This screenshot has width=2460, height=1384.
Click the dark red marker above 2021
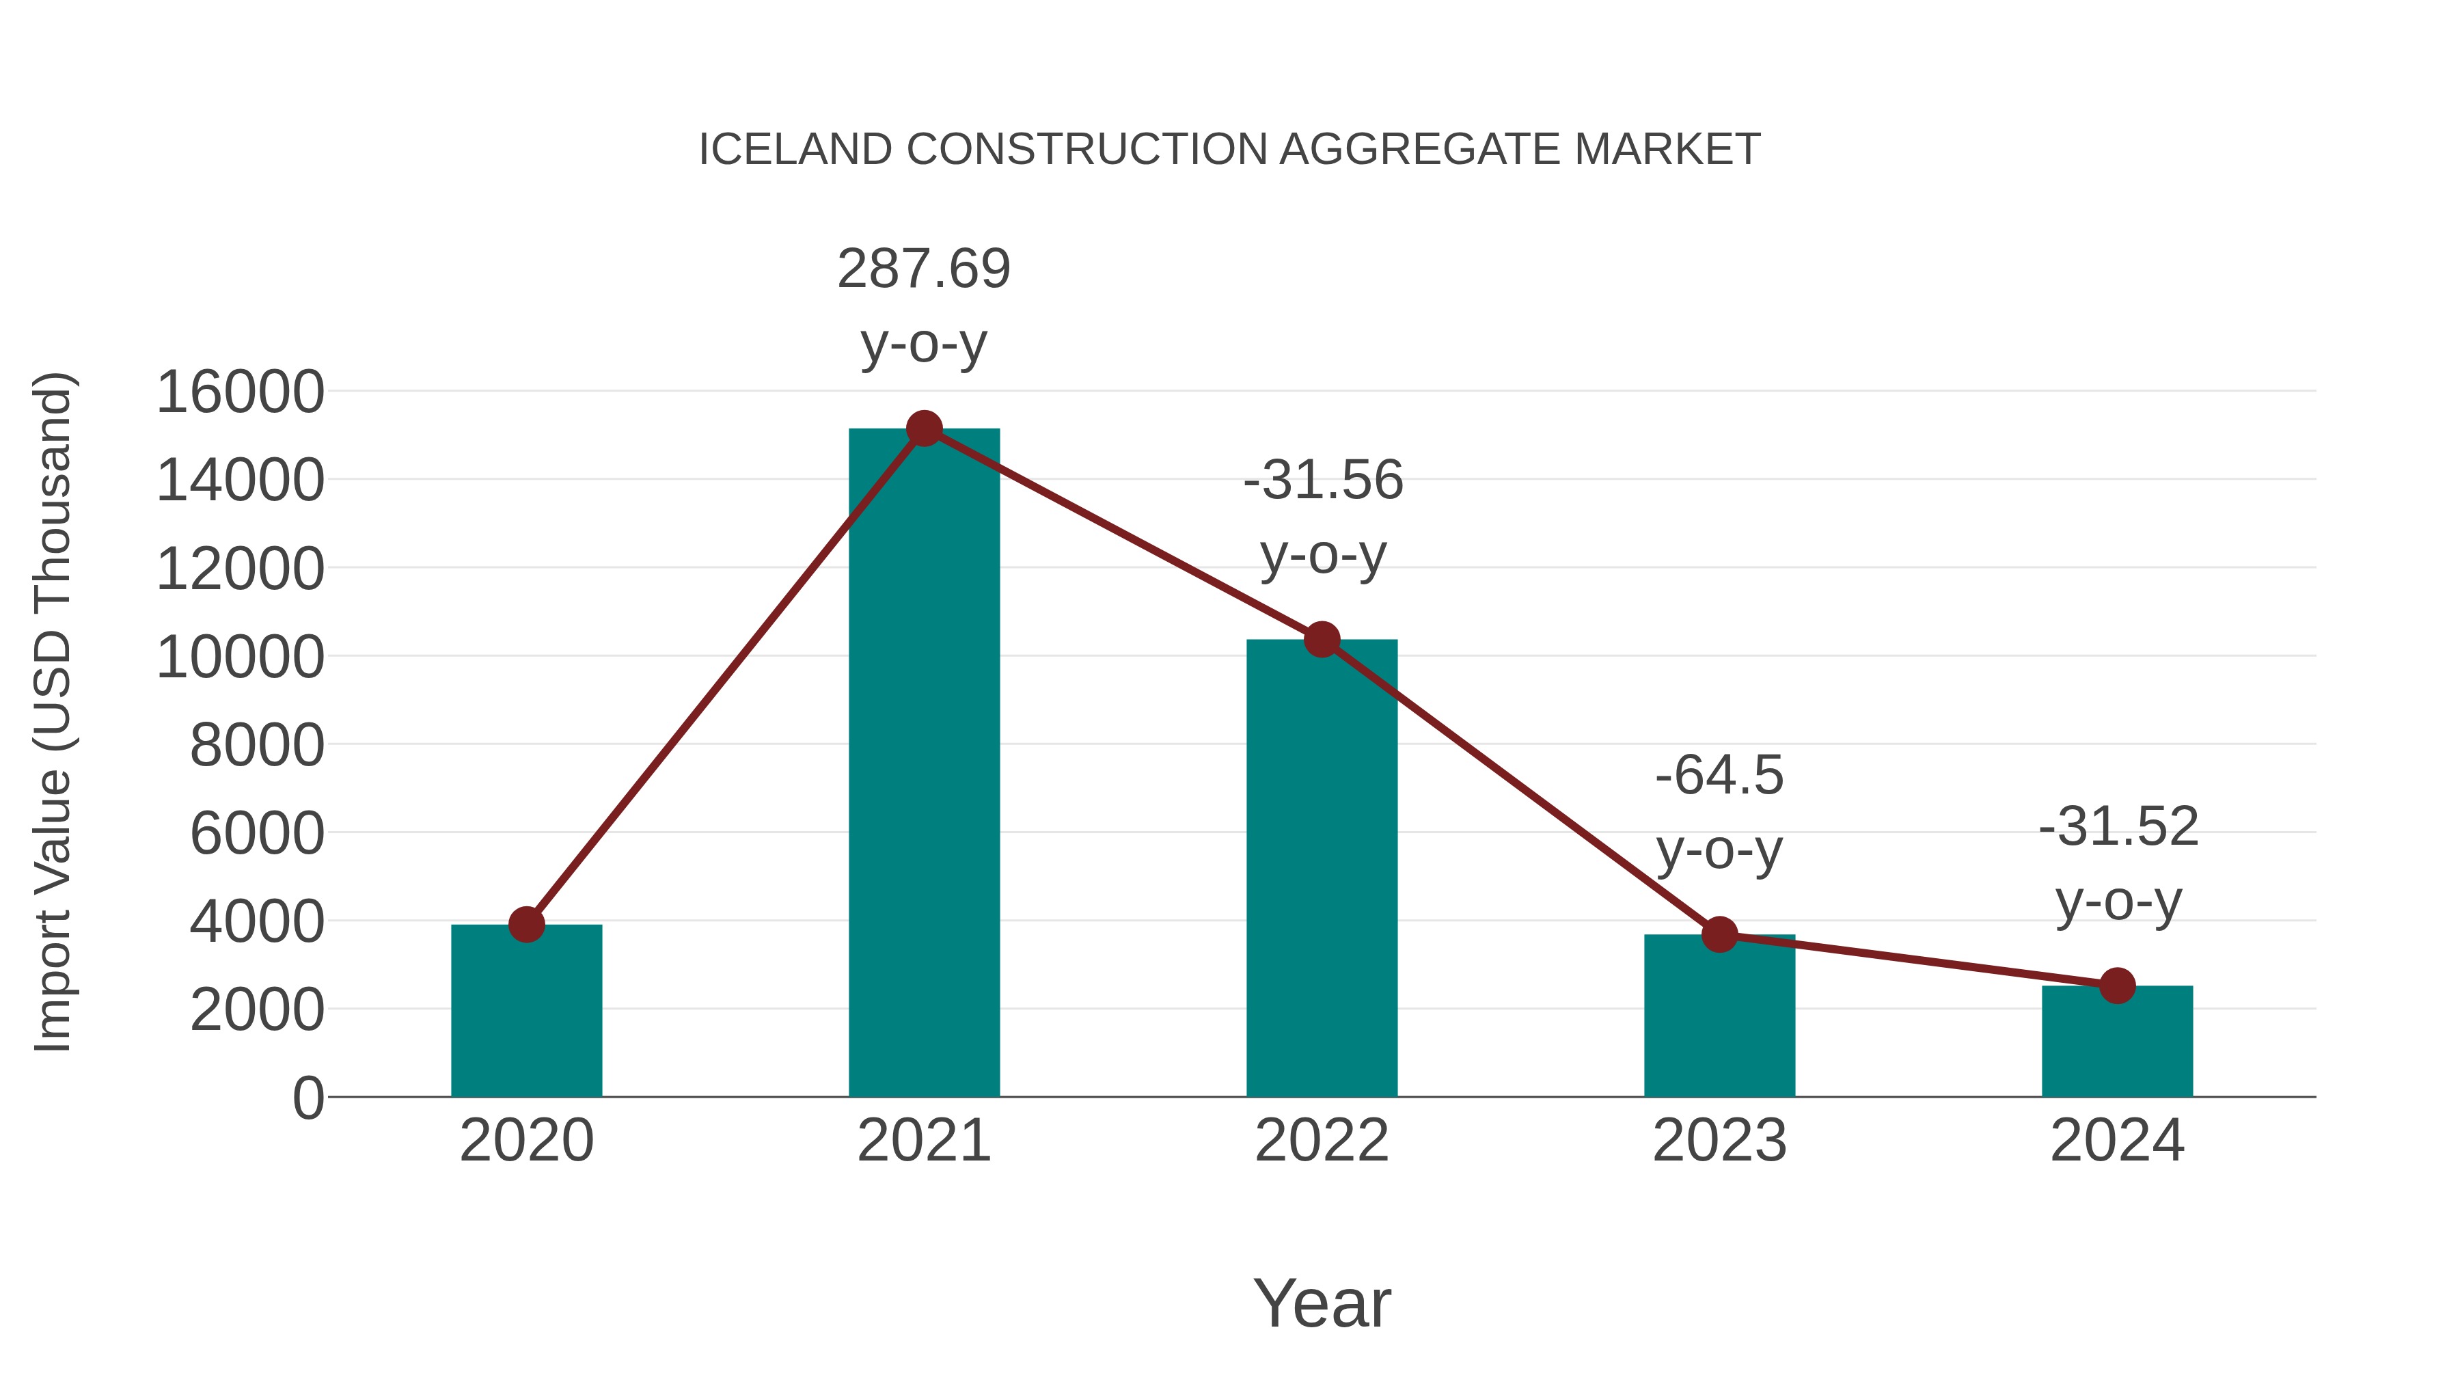click(923, 429)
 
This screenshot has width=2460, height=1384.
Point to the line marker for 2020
click(526, 925)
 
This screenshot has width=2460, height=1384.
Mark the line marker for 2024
click(2116, 986)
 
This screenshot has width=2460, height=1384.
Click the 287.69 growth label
click(923, 269)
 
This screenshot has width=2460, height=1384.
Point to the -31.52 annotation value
click(2117, 827)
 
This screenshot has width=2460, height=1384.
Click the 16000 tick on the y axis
click(240, 392)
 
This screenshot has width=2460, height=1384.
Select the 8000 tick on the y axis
click(257, 745)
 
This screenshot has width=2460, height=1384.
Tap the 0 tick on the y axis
click(308, 1098)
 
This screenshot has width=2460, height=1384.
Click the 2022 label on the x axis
click(1321, 1141)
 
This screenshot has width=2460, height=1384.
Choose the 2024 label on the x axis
click(2116, 1141)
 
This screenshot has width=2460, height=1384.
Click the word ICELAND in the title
click(795, 150)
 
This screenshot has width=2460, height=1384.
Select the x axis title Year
click(1322, 1304)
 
